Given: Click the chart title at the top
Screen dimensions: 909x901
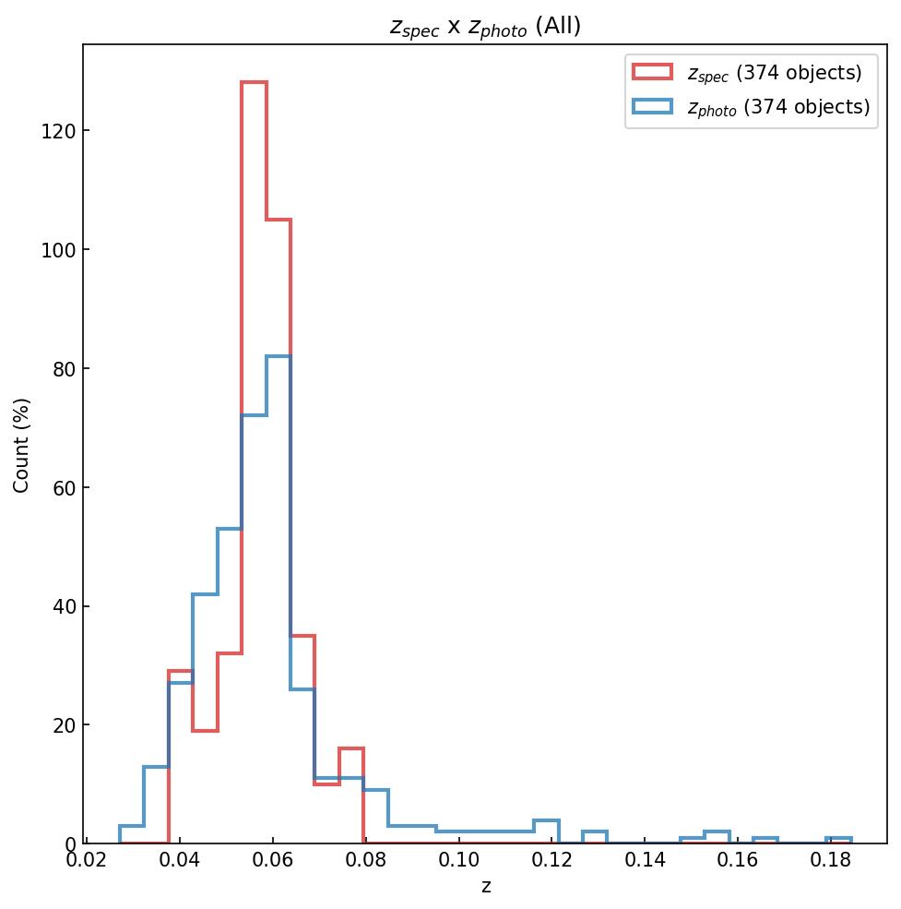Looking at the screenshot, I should click(485, 27).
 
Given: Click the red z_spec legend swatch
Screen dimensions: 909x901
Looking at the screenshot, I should click(652, 72).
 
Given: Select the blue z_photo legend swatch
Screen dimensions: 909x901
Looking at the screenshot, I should click(652, 106).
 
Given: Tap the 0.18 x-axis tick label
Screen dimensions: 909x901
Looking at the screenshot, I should click(831, 862).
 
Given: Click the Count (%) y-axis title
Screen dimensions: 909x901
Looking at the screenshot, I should click(22, 445).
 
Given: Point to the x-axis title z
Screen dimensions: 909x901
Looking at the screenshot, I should click(485, 887).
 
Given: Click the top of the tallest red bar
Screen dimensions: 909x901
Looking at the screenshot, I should click(254, 82).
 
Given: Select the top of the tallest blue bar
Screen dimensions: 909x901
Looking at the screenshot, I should click(279, 356).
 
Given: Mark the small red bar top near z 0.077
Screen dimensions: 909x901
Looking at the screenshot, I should click(351, 748).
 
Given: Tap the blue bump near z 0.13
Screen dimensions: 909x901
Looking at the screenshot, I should click(595, 831).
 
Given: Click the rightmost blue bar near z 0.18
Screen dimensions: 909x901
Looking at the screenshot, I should click(838, 838).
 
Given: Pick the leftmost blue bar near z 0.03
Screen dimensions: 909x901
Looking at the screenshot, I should click(132, 826).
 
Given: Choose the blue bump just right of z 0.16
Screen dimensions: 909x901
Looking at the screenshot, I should click(765, 838).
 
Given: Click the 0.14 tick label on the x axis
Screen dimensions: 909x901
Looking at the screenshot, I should click(645, 862).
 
